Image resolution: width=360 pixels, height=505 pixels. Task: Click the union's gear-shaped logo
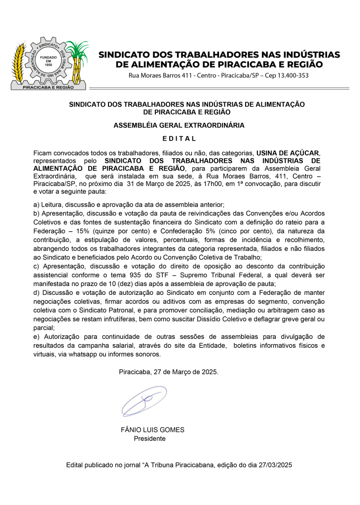(49, 63)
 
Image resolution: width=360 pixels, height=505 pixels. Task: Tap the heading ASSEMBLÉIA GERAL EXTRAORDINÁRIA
(179, 125)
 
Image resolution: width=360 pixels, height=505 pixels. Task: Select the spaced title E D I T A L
(179, 139)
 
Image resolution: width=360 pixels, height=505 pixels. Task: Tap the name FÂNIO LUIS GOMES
(152, 430)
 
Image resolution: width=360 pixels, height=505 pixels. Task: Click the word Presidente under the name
(149, 438)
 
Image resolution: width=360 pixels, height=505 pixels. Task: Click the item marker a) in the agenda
(36, 204)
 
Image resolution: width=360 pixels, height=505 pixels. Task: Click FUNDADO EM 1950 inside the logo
(48, 61)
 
